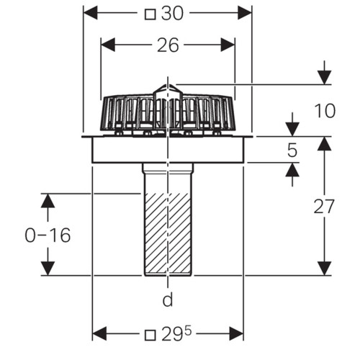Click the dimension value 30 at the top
point(172,14)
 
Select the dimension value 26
point(168,45)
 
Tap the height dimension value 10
point(325,111)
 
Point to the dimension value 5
point(292,150)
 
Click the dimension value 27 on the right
point(324,206)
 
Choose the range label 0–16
point(48,235)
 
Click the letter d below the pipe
point(168,300)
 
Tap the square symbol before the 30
point(150,14)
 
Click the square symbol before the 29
point(150,335)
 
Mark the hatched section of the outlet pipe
point(168,234)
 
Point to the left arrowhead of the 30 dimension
point(90,13)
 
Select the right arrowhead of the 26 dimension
point(228,45)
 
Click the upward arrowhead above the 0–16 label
point(48,201)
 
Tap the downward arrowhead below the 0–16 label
point(48,269)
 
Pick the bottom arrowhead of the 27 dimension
point(325,269)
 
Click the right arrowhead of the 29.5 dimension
point(236,333)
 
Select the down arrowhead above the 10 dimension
point(325,77)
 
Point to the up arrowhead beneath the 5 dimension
point(292,170)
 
